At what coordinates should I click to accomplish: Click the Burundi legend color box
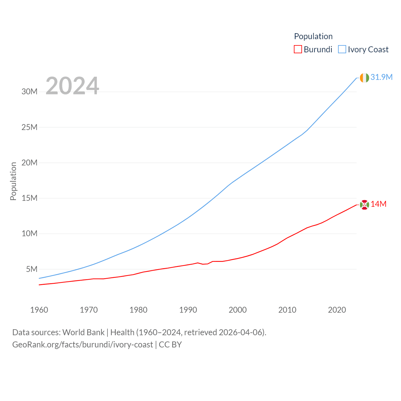coord(298,49)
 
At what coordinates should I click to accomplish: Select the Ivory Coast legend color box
coord(342,49)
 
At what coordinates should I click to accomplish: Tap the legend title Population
coord(313,36)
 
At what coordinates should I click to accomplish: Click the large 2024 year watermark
coord(72,86)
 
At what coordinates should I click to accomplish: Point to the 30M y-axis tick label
coord(29,92)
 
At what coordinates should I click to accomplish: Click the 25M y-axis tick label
coord(29,127)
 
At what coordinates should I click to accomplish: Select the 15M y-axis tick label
coord(29,198)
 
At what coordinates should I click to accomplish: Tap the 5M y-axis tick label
coord(32,269)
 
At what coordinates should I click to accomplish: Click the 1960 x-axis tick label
coord(39,310)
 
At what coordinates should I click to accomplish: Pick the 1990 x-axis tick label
coord(188,310)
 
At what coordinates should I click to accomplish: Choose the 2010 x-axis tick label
coord(287,310)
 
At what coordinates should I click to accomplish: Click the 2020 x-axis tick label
coord(337,310)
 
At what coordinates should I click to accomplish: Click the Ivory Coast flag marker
coord(364,78)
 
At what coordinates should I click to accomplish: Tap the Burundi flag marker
coord(364,205)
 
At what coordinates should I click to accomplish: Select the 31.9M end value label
coord(382,77)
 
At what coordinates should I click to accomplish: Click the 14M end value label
coord(378,204)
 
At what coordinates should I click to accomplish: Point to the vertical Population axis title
coord(13,181)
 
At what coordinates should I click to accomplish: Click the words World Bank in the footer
coord(83,332)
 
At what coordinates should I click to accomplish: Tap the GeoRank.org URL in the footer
coord(82,345)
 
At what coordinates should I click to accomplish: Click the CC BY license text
coord(170,345)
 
